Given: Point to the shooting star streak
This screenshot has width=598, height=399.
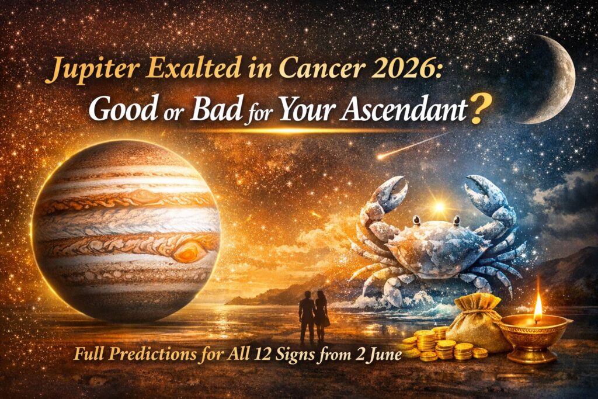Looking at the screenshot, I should point(409,146).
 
